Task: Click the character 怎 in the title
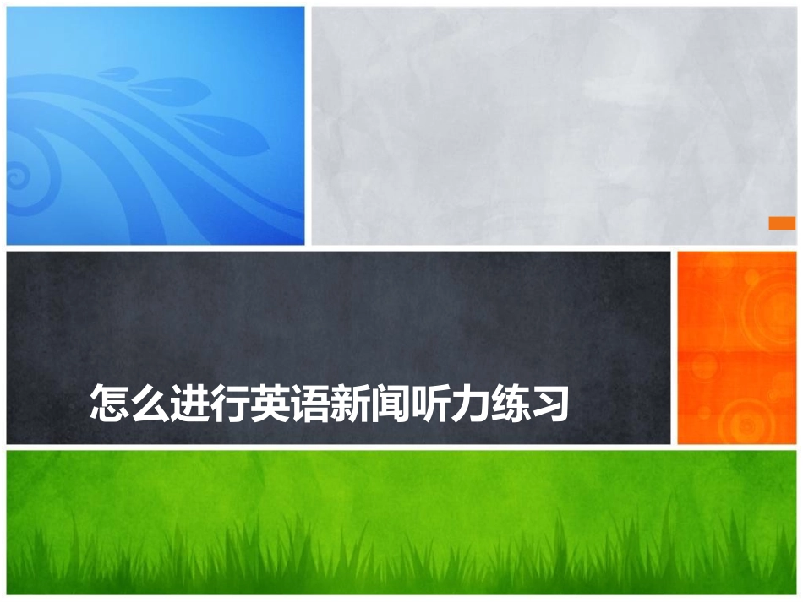point(110,403)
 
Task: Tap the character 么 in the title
point(150,403)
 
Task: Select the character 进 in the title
point(189,403)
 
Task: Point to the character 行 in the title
point(229,403)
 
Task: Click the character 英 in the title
point(270,403)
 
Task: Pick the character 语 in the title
point(309,403)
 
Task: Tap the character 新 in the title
point(349,403)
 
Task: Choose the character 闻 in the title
point(389,403)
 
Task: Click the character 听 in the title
point(429,403)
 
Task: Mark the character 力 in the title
point(468,403)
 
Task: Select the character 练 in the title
point(508,403)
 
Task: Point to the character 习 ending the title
point(548,403)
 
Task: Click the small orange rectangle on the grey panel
point(782,223)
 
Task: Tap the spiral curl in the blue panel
point(16,178)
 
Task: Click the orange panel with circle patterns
point(736,347)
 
